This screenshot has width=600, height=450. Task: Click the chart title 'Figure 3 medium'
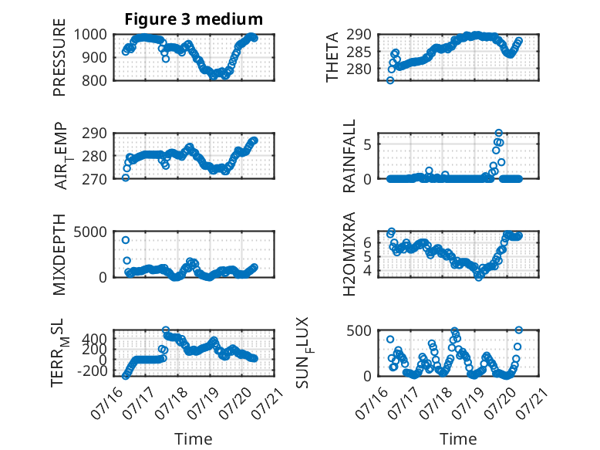pos(194,19)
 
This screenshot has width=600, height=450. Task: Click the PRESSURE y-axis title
pos(59,57)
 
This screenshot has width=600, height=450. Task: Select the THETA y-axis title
pos(332,57)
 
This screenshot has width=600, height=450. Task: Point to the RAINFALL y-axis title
pos(349,156)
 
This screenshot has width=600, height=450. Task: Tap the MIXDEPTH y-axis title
pos(59,254)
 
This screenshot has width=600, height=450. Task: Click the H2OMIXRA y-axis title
pos(349,254)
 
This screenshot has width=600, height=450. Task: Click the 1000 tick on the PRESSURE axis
pos(90,35)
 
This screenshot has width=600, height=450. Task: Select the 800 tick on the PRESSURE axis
pos(95,80)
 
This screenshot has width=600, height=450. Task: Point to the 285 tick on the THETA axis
pos(359,52)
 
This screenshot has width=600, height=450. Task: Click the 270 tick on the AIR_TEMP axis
pos(95,179)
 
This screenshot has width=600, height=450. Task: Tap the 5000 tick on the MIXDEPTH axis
pos(90,232)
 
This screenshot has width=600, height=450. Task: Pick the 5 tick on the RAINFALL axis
pos(368,145)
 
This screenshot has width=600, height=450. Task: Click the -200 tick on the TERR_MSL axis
pos(93,370)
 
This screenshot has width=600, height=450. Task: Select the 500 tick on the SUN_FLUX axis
pos(359,330)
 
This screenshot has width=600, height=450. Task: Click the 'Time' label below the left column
pos(194,438)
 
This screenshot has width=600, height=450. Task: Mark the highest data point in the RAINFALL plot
pos(499,133)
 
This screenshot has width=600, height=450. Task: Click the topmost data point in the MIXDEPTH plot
pos(126,240)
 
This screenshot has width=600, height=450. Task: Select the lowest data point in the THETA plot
pos(390,80)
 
